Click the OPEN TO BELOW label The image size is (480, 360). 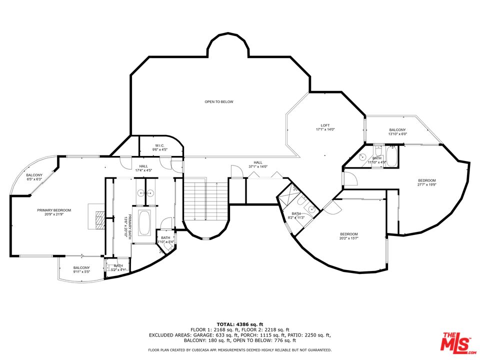219,101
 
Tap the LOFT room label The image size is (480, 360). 325,125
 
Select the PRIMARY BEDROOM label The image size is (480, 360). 54,210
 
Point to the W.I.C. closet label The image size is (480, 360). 160,145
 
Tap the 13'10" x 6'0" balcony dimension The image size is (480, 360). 397,134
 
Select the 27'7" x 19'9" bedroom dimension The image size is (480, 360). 426,184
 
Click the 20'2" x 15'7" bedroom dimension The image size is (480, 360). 349,238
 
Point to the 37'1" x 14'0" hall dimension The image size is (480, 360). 258,167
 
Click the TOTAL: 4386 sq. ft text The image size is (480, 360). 239,324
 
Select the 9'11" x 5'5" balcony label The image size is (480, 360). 81,272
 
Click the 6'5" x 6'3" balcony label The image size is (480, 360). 34,179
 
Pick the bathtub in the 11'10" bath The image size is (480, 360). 391,156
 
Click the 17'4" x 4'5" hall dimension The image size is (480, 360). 143,170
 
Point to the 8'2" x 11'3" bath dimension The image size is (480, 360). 296,217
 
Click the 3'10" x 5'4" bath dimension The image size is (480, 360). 165,242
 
